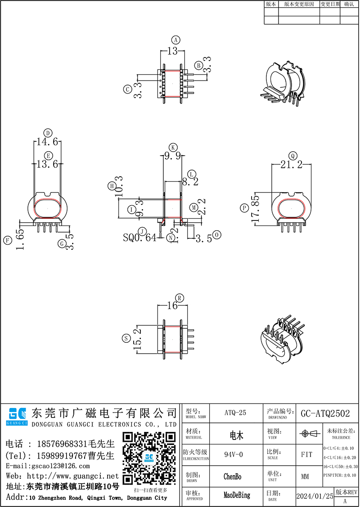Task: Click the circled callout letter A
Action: pyautogui.click(x=176, y=39)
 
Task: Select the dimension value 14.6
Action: pyautogui.click(x=47, y=142)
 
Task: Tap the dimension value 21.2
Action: pyautogui.click(x=291, y=166)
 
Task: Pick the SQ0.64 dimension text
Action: pyautogui.click(x=139, y=237)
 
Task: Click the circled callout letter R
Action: pyautogui.click(x=180, y=298)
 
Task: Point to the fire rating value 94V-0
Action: pyautogui.click(x=235, y=454)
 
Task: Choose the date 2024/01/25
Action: pyautogui.click(x=315, y=496)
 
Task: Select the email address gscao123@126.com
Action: pyautogui.click(x=61, y=467)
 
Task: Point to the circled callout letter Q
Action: pyautogui.click(x=293, y=156)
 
